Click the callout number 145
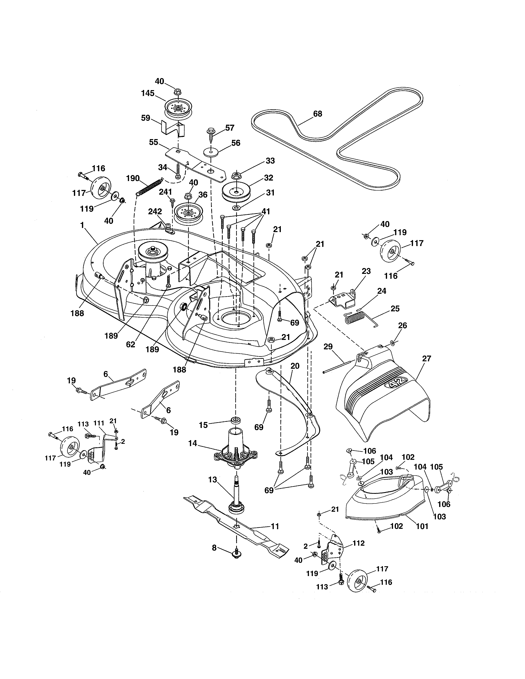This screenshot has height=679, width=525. [148, 93]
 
